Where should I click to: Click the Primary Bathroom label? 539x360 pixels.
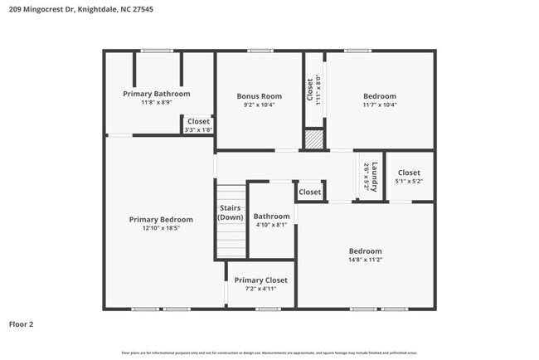(156, 94)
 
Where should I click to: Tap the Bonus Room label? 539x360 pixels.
(259, 96)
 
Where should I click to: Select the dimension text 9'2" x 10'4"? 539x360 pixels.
(259, 105)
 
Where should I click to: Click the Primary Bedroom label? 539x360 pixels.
(161, 220)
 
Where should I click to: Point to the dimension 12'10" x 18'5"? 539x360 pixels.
(161, 229)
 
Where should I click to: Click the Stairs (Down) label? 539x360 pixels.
(230, 212)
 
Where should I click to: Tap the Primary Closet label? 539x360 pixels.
(260, 280)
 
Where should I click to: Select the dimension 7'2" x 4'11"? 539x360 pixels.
(260, 289)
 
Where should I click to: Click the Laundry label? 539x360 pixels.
(374, 174)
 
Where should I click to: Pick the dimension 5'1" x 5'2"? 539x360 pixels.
(409, 181)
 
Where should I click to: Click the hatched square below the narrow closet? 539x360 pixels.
(313, 139)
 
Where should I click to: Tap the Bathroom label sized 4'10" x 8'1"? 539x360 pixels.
(271, 216)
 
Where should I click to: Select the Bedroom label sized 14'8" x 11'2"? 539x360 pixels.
(365, 251)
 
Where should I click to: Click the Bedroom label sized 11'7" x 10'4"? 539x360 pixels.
(379, 96)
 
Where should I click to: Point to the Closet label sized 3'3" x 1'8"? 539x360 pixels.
(198, 121)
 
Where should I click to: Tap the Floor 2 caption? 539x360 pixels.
(22, 324)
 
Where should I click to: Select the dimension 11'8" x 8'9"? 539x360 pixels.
(156, 103)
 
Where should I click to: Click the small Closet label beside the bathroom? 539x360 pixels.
(309, 192)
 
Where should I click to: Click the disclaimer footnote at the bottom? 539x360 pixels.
(269, 353)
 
